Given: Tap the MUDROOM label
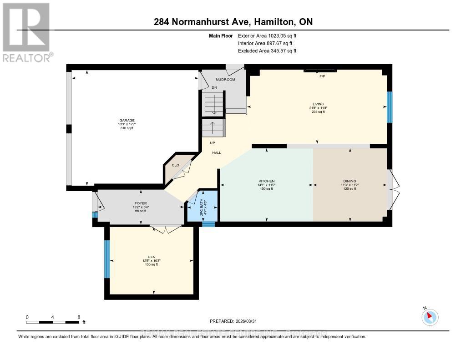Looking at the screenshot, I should coord(225,80).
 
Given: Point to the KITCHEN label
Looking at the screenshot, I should coord(266,181).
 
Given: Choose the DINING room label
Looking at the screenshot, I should coord(349,181).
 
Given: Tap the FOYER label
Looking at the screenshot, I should coord(140,203).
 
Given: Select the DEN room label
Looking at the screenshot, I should coord(152,257).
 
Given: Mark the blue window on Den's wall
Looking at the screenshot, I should coord(107,259).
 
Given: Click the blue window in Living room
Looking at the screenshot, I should coord(390,107).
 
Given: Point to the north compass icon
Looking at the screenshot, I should coord(430,317).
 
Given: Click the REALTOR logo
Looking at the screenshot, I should coord(26,32).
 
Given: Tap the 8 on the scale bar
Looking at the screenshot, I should coord(79,317).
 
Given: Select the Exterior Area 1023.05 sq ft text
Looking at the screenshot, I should coord(268,35).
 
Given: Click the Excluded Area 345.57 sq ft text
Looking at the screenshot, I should coord(268,51).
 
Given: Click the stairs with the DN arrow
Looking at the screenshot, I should coord(213,104).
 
